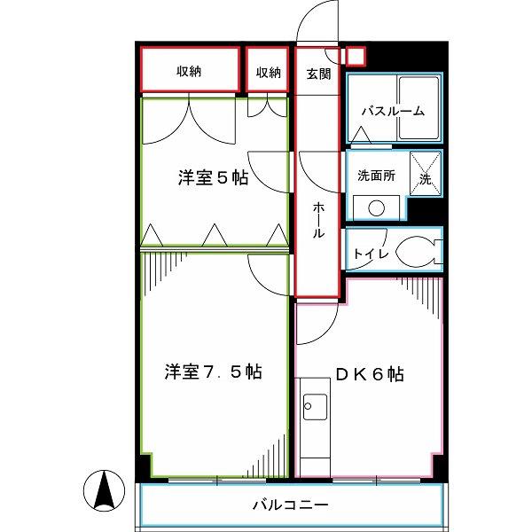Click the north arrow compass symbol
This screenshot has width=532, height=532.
tap(104, 490)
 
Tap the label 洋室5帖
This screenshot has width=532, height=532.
tap(213, 178)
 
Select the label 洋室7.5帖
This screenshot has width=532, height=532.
tap(213, 372)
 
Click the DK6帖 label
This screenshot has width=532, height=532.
tap(370, 374)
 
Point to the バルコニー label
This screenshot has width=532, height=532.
tap(291, 505)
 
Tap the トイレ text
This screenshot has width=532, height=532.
tap(371, 254)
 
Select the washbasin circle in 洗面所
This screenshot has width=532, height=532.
tap(376, 208)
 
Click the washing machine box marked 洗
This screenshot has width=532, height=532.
tap(426, 174)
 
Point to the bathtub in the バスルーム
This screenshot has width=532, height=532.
tap(419, 107)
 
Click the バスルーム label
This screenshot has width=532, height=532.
tap(393, 111)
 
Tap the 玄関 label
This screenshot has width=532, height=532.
tap(318, 74)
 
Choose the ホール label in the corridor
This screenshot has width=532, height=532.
tap(318, 220)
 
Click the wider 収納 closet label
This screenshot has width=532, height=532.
tap(189, 71)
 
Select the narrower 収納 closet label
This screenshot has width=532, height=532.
tap(269, 73)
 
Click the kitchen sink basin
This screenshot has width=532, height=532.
tap(315, 407)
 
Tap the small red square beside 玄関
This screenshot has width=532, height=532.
tap(356, 56)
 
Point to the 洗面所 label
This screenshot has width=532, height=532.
tap(376, 176)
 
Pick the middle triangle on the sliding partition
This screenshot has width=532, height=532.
tap(215, 235)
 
